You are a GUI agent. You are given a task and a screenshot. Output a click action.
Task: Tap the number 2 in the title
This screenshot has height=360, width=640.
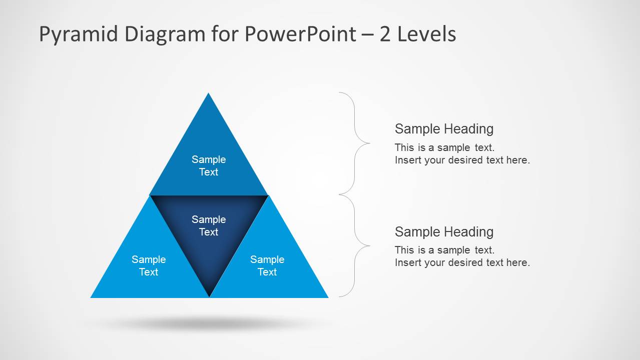pos(385,34)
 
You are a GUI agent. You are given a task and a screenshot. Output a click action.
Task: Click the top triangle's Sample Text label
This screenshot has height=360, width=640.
pos(209,165)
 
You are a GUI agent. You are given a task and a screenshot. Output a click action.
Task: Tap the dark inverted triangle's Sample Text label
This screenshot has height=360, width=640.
pos(209,225)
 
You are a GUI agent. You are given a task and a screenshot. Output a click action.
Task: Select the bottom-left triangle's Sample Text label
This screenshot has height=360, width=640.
pos(149,265)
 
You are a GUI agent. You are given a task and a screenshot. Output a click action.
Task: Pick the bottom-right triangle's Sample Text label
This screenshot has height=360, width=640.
pos(267,265)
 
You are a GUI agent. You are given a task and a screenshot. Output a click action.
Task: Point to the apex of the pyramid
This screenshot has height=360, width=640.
pos(209,94)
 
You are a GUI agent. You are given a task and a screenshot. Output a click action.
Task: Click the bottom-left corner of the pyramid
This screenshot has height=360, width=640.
pos(92,297)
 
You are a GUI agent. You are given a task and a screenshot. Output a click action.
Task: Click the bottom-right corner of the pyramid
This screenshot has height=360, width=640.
pos(327,297)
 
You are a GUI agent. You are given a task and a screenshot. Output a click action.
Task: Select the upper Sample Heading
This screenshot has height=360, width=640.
pos(444,129)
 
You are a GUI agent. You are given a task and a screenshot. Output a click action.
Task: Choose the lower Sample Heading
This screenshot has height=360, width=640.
pos(444,232)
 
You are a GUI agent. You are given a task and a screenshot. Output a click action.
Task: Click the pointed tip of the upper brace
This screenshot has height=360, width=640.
pos(369,143)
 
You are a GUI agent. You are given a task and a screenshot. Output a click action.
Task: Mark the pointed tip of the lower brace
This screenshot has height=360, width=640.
pos(369,245)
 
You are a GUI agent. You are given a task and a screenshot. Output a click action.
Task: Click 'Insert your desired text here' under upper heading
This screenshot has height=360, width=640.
pos(462,160)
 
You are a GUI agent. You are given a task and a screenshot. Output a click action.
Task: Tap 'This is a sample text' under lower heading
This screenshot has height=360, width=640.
pos(444,250)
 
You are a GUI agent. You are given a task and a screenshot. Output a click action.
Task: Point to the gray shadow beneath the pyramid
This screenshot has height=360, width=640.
pos(209,324)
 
